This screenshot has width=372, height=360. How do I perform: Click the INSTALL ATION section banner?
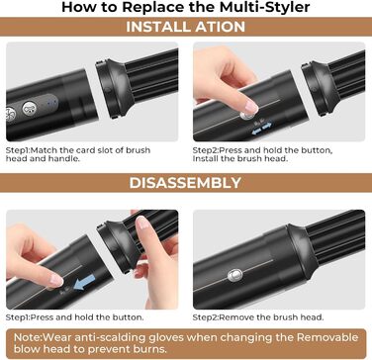[x=186, y=28]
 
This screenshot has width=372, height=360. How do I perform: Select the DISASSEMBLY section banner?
[x=186, y=184]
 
